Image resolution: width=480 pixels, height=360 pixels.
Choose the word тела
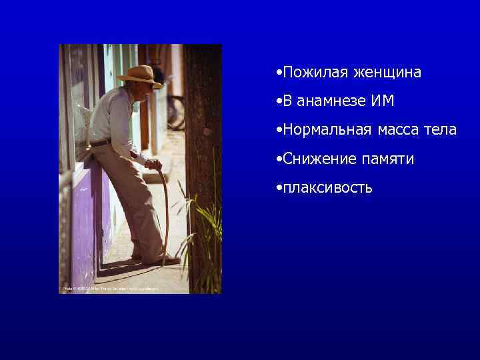coord(442,130)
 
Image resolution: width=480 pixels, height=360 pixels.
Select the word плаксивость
coord(327,188)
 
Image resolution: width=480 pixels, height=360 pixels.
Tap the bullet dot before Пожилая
coord(277,72)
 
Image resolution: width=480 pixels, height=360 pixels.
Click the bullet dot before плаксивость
coord(277,188)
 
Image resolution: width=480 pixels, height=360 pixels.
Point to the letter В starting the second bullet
coord(287,101)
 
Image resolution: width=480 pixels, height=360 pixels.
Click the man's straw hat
coord(139,75)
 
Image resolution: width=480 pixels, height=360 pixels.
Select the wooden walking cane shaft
coord(165,213)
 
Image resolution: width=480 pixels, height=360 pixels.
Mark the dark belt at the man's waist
coord(101,141)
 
